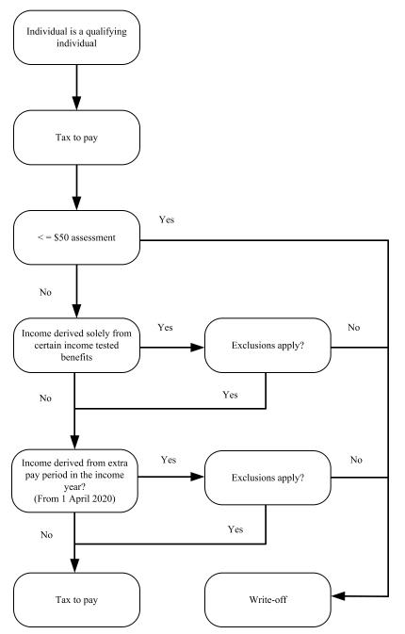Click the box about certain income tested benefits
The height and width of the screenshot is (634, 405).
pos(74,347)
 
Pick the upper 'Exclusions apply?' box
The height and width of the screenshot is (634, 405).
pos(267,347)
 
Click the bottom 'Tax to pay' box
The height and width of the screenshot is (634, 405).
pos(74,594)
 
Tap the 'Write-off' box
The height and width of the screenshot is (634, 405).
pos(267,594)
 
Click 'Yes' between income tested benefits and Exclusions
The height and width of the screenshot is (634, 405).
pos(166,328)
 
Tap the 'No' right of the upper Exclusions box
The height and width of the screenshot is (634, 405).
pos(354,327)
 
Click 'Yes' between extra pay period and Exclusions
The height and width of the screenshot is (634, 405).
pos(169,460)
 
